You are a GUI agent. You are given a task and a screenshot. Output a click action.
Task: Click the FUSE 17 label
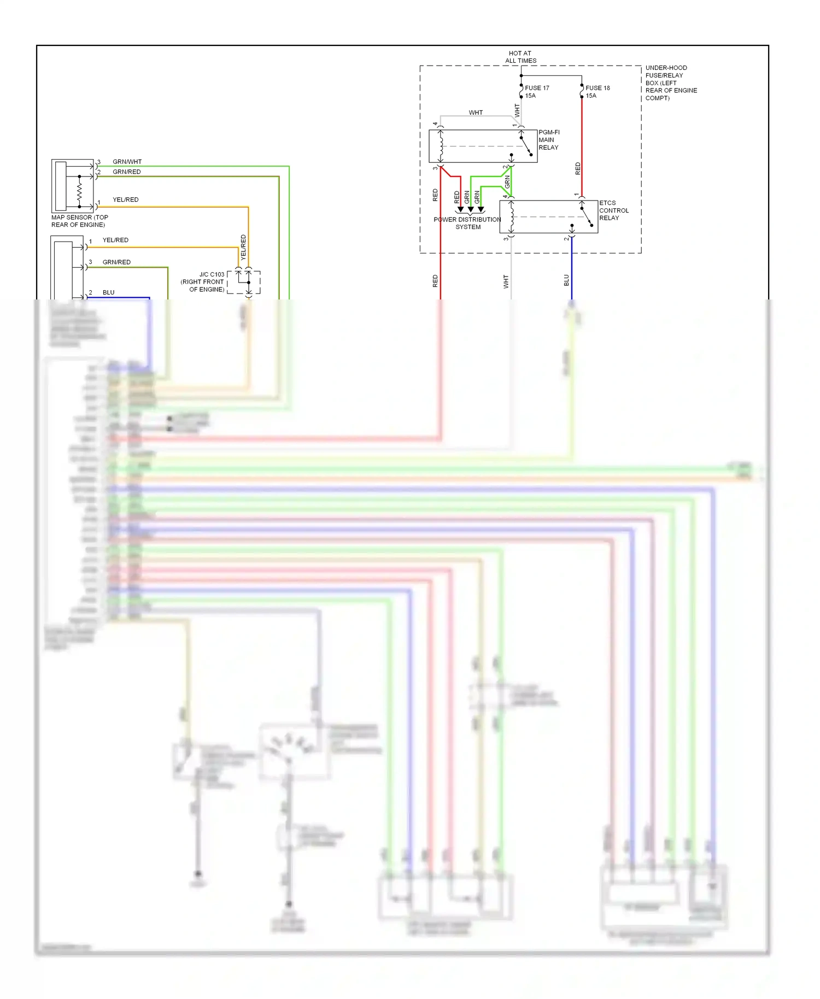536,88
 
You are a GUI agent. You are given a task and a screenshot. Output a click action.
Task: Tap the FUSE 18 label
597,88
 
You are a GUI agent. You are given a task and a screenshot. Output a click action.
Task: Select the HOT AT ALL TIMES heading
520,57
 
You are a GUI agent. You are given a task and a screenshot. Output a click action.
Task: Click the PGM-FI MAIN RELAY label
549,140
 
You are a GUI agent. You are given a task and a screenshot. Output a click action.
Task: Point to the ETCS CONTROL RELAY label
613,210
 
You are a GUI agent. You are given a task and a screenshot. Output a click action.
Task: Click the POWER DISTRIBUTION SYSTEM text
467,223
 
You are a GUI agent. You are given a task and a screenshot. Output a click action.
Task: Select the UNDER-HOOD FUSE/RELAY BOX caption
670,83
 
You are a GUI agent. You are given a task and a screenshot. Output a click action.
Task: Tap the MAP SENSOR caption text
79,221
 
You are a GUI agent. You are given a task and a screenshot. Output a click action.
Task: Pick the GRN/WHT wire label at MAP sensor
127,162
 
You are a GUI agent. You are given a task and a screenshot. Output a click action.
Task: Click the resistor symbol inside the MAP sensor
79,191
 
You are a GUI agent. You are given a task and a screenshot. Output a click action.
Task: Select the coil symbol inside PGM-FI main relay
441,146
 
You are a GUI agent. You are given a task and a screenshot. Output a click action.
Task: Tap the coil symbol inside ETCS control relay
512,216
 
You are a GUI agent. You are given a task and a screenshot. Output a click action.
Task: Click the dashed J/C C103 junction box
244,282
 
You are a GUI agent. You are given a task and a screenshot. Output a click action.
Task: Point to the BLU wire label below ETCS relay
566,280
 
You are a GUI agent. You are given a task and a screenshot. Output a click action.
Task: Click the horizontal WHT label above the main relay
476,113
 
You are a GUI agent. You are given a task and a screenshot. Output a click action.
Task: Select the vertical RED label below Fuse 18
578,169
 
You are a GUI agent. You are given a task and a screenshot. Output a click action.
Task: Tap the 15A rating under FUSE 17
530,96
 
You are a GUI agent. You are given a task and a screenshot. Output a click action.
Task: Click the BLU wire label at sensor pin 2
108,292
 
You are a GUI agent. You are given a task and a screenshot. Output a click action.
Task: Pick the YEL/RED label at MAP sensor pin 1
125,200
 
